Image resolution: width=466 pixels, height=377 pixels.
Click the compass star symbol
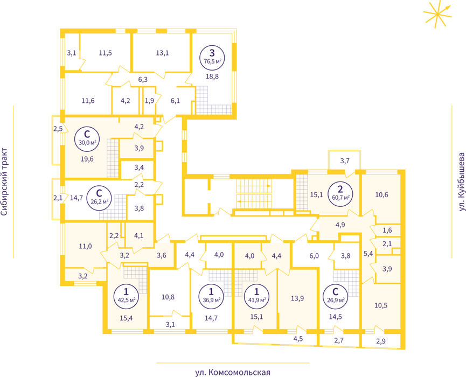click(x=437, y=14)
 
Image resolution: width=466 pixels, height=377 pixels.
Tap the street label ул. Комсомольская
click(x=233, y=372)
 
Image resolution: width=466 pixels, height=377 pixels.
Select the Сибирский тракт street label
click(x=4, y=182)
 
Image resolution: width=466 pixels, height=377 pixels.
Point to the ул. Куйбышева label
click(x=462, y=182)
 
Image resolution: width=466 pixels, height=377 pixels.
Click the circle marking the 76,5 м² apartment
click(x=212, y=58)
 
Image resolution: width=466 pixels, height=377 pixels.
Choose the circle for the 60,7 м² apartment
click(x=340, y=194)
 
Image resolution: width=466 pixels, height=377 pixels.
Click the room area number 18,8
click(x=212, y=76)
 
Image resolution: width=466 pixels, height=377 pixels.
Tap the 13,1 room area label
click(x=162, y=53)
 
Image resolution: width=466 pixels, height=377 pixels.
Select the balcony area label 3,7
click(x=345, y=161)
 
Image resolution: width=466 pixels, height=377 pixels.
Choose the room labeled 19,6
click(x=87, y=159)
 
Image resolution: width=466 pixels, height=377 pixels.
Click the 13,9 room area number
click(x=297, y=298)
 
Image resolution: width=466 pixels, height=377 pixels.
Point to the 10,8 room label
click(x=168, y=297)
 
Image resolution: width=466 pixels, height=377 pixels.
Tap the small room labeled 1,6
click(x=387, y=231)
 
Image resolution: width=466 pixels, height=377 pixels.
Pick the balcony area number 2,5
click(x=58, y=129)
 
